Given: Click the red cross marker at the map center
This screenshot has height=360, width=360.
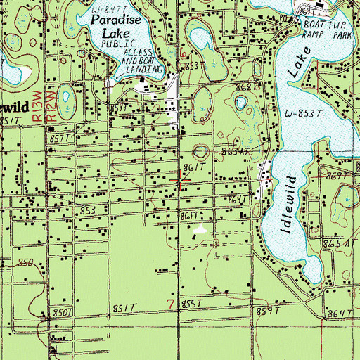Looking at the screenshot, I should pyautogui.click(x=180, y=183).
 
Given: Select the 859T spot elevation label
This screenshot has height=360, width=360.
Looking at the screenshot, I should pyautogui.click(x=268, y=310).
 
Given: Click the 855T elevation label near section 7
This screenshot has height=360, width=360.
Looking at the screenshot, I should pyautogui.click(x=192, y=303).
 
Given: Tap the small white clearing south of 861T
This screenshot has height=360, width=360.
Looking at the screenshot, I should pyautogui.click(x=201, y=229).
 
